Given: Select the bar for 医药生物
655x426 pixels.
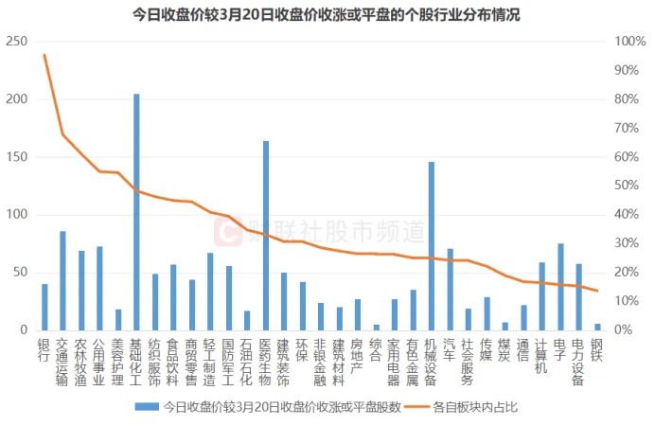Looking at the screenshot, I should pyautogui.click(x=266, y=236).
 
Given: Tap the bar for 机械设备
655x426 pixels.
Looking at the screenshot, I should pyautogui.click(x=432, y=246).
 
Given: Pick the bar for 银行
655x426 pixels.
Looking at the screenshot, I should pyautogui.click(x=44, y=307).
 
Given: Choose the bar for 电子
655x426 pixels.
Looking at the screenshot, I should pyautogui.click(x=560, y=287).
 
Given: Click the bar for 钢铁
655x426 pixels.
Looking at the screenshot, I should pyautogui.click(x=597, y=327).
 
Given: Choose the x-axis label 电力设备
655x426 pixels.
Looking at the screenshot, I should pyautogui.click(x=578, y=364).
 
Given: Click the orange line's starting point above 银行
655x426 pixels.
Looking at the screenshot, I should pyautogui.click(x=44, y=55).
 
